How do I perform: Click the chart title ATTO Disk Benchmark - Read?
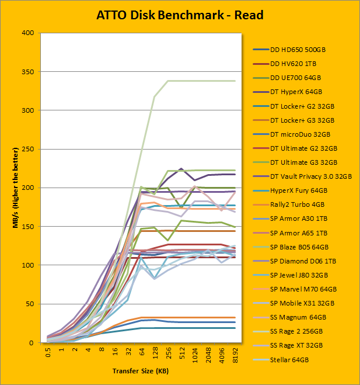(x=180, y=15)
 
